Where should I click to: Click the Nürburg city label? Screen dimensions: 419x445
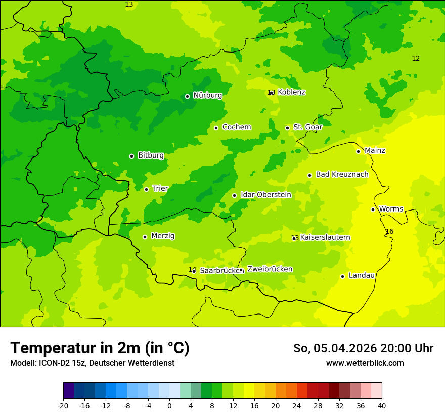(x=207, y=95)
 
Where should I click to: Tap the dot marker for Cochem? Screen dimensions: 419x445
(x=216, y=128)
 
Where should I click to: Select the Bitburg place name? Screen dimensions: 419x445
(x=151, y=155)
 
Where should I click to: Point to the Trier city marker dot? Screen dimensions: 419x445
(x=146, y=189)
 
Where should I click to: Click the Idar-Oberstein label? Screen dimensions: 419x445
(x=265, y=195)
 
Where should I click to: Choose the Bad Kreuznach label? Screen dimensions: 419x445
(x=342, y=174)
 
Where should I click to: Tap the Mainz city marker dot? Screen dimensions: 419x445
(x=358, y=151)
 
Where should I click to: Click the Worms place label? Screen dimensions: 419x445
(x=391, y=209)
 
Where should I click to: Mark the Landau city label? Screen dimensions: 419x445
(x=362, y=275)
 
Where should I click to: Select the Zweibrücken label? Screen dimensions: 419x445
(x=270, y=269)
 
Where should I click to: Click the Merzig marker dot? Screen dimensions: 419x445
(x=145, y=237)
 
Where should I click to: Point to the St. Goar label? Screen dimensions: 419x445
(x=307, y=127)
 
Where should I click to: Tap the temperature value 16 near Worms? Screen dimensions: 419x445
(x=389, y=232)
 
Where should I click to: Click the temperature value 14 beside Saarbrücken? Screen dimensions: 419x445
(x=192, y=269)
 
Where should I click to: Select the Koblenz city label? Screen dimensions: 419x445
(x=291, y=92)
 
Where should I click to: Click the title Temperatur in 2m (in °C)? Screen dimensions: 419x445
(x=100, y=348)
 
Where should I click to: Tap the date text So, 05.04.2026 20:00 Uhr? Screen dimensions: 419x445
(x=363, y=348)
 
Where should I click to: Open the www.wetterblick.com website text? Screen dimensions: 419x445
(x=365, y=363)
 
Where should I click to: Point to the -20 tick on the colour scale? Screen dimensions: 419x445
(x=63, y=405)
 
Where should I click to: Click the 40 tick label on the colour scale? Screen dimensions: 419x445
(x=382, y=405)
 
